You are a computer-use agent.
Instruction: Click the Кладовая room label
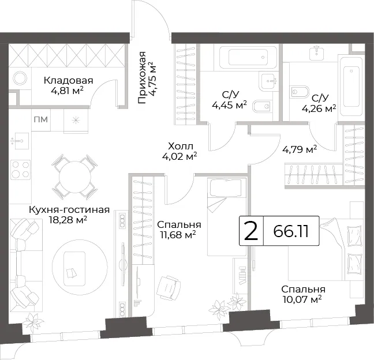[68, 80]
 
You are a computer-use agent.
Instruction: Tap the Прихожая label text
[142, 77]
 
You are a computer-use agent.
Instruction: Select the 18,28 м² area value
[68, 220]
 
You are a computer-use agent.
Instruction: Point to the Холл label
[180, 146]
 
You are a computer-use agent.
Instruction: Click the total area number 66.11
[291, 231]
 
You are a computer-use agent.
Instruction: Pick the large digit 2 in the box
[252, 231]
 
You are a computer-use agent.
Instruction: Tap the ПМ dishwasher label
[41, 119]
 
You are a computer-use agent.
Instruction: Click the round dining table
[75, 177]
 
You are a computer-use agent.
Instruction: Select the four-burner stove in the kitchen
[21, 170]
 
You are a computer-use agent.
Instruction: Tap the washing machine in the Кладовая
[20, 78]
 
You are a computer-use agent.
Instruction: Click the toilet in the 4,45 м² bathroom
[262, 106]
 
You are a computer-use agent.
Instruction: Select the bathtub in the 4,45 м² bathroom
[245, 57]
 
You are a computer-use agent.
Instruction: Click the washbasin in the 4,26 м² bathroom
[316, 53]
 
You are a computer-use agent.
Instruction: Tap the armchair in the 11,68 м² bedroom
[169, 288]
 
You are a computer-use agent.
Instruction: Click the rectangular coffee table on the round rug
[74, 269]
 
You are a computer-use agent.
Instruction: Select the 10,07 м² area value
[302, 299]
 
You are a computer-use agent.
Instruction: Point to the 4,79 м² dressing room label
[300, 149]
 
